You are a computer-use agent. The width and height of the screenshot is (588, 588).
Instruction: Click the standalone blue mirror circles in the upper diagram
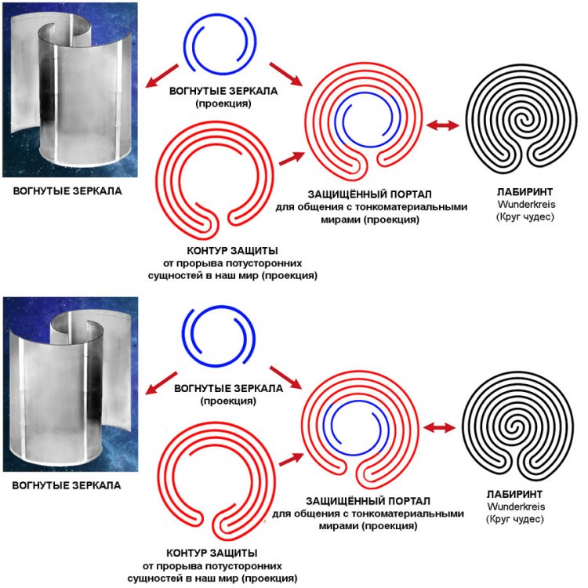[x=220, y=43]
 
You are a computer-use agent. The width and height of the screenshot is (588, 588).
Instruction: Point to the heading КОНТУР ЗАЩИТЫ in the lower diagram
[x=212, y=553]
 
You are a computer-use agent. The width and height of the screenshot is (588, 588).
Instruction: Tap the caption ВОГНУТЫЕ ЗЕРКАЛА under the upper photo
[x=67, y=191]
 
